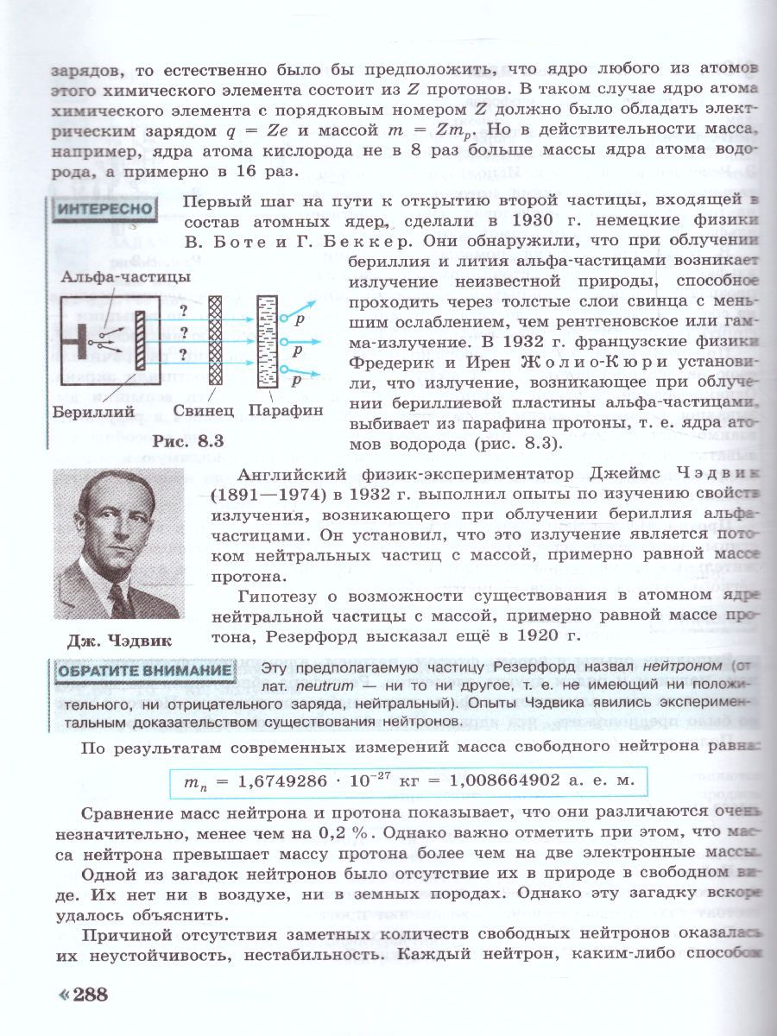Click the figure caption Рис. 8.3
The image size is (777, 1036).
pyautogui.click(x=188, y=440)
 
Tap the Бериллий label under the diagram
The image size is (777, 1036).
pyautogui.click(x=92, y=412)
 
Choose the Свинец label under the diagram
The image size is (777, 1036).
pyautogui.click(x=204, y=412)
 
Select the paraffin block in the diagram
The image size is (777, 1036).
pyautogui.click(x=268, y=338)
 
